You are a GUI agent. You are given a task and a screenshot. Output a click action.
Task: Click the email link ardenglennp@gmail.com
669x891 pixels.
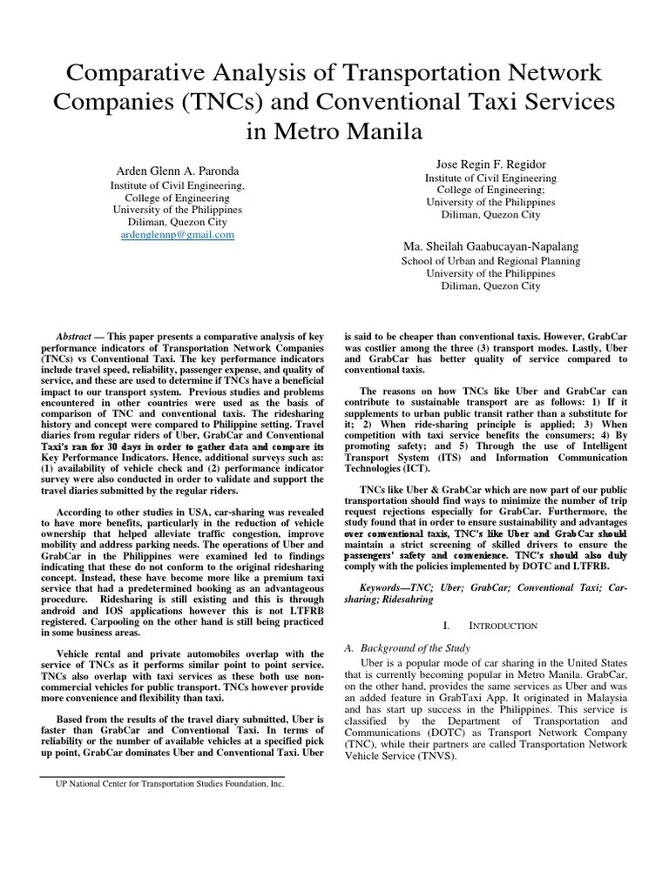coord(177,235)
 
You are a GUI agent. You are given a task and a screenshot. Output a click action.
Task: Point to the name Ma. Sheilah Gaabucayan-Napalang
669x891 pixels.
coord(490,246)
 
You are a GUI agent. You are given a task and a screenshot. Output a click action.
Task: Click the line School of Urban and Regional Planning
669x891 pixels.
coord(490,260)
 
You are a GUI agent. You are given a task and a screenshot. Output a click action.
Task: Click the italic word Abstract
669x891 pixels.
coord(73,335)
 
